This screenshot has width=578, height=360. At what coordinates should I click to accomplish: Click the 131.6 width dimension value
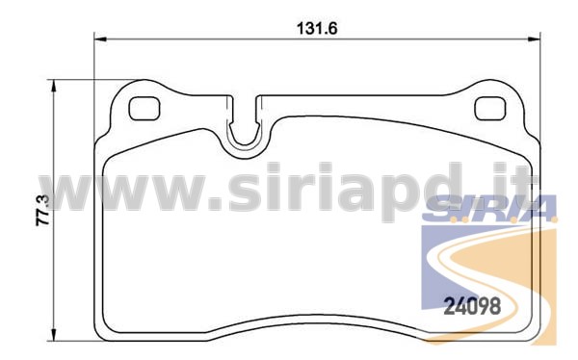click(317, 28)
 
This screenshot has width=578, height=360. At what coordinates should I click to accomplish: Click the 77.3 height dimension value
click(42, 210)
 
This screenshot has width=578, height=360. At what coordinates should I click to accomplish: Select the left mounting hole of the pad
click(144, 109)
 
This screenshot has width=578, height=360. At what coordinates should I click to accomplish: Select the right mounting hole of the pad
click(490, 109)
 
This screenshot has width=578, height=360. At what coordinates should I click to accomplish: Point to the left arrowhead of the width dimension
click(100, 39)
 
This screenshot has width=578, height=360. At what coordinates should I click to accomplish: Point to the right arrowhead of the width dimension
click(534, 39)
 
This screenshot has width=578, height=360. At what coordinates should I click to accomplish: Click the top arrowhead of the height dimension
click(54, 86)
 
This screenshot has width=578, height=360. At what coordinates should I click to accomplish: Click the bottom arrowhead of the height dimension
click(54, 335)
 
